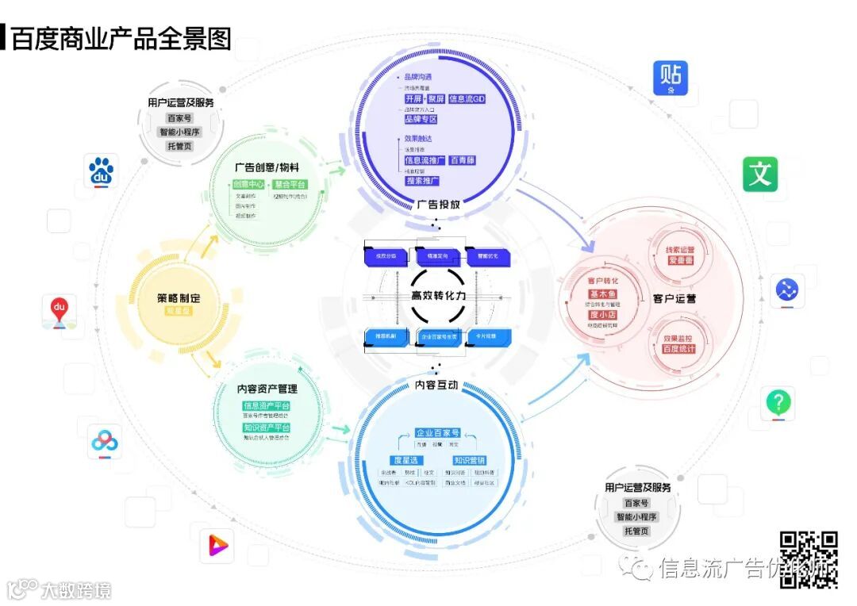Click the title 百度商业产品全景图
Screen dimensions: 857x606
tap(121, 38)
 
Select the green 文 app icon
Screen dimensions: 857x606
tap(760, 174)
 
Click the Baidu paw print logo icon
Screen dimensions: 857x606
tap(102, 171)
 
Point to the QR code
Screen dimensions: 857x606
tap(809, 559)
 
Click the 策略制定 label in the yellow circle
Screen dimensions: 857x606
tap(179, 299)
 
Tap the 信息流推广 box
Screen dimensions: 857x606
tap(425, 160)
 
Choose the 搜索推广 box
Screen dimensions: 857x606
tap(422, 181)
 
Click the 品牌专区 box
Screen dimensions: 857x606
tap(421, 119)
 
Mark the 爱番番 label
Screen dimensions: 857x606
tap(680, 260)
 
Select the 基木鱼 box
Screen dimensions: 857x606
tap(604, 294)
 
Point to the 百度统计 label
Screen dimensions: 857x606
tap(678, 349)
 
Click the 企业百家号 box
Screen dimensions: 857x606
tap(437, 433)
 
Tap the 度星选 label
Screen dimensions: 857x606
tap(406, 460)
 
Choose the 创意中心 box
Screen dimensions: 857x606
tap(248, 185)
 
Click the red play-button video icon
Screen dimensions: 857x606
tap(217, 545)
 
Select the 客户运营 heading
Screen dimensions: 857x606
tap(674, 299)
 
